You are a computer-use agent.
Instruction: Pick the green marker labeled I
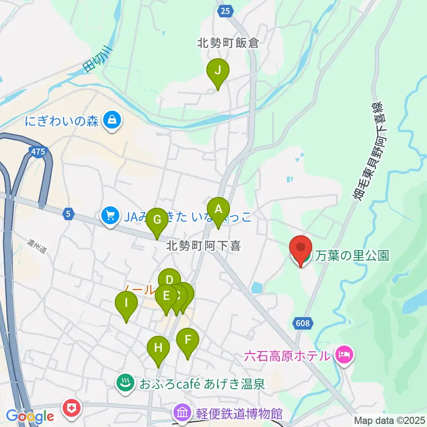tap(126, 304)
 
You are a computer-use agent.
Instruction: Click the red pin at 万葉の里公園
tap(301, 248)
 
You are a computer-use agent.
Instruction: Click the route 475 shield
tap(38, 152)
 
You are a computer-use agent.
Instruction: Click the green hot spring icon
tap(125, 382)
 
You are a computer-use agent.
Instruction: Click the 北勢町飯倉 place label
tap(228, 43)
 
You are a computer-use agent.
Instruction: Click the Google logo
tap(30, 416)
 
